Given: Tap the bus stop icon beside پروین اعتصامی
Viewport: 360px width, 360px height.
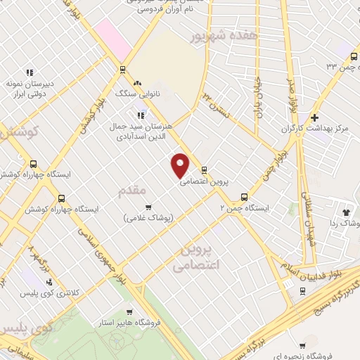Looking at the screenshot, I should (x=204, y=170).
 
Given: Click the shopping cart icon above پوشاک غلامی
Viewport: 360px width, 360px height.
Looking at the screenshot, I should (x=148, y=207).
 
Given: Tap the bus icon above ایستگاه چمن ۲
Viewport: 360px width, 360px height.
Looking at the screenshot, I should (x=244, y=197).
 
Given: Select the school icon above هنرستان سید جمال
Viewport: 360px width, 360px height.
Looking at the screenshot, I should (x=141, y=115).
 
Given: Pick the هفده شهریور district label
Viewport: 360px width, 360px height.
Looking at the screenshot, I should (x=224, y=34).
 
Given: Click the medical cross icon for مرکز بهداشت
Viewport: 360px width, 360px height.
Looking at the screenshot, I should (x=314, y=117).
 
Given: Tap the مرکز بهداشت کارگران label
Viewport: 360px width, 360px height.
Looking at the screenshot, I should (x=314, y=129).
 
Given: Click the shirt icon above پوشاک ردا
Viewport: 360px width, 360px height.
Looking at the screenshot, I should (x=346, y=211).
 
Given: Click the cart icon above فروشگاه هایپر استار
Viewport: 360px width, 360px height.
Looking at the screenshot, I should (x=129, y=311).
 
